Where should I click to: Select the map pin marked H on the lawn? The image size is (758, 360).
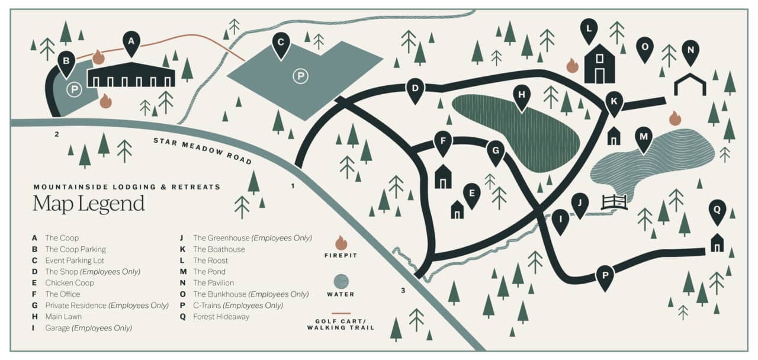[521, 96]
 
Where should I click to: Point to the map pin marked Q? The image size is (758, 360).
[717, 210]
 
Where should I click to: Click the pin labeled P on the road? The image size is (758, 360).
[605, 277]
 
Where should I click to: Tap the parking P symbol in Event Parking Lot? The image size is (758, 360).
[301, 76]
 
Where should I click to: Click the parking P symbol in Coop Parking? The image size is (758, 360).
[74, 89]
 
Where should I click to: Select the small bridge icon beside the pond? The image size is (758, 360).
[614, 202]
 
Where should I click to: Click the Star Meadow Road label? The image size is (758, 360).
[203, 150]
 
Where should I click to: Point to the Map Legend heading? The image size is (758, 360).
[89, 204]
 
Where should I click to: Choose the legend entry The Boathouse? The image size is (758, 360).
[219, 249]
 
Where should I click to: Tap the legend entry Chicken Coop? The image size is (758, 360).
[69, 283]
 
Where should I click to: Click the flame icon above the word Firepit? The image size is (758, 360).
[341, 242]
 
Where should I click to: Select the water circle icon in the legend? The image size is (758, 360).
[341, 281]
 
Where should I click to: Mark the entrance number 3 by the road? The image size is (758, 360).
[403, 291]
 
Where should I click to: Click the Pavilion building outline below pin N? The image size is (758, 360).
[690, 84]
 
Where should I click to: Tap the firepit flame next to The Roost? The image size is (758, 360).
[572, 65]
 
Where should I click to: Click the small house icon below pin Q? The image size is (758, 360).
[717, 243]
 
